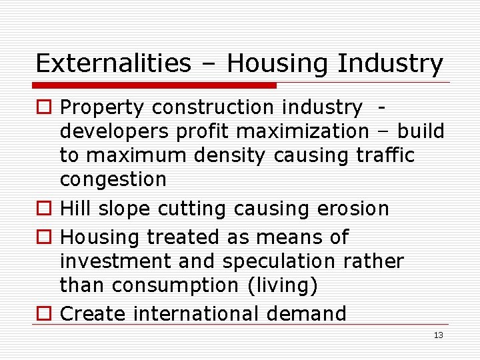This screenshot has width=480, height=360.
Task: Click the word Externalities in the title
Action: point(113,64)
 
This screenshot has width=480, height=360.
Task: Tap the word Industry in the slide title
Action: point(390,64)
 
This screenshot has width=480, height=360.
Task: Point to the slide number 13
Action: point(438,335)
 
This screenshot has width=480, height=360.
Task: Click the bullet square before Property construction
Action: point(43,107)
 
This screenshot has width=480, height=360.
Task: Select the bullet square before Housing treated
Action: point(43,237)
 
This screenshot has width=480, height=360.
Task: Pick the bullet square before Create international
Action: point(43,313)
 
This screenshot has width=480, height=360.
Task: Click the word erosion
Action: point(349,209)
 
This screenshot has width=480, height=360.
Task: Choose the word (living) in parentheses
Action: point(283,285)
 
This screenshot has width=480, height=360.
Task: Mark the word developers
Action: point(115,132)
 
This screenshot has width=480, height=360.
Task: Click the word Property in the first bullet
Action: point(102,107)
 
